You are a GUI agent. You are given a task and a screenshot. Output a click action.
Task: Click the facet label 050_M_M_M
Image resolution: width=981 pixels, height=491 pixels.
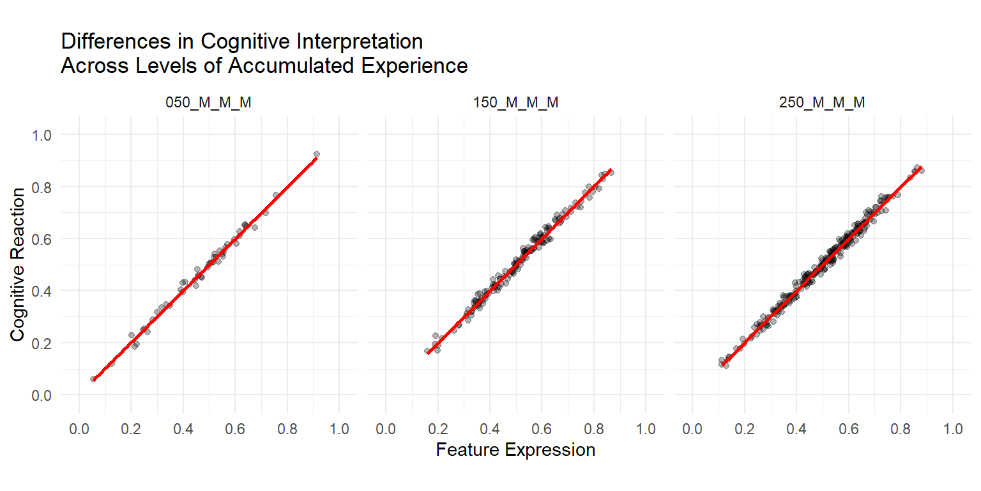(x=209, y=103)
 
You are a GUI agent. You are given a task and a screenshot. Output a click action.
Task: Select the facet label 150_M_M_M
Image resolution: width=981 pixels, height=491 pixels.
(x=516, y=103)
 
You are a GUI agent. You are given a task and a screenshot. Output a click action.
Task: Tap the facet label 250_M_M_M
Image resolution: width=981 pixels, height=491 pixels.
(x=823, y=103)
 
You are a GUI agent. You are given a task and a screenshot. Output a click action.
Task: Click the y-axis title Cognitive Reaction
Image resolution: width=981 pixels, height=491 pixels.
(x=19, y=264)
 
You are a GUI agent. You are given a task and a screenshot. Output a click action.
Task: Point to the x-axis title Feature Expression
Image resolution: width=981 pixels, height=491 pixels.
(x=515, y=449)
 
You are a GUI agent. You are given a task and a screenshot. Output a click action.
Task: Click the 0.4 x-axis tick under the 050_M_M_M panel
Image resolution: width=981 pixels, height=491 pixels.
(x=183, y=428)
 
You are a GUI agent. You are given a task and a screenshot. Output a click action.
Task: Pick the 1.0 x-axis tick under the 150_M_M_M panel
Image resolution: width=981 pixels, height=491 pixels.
(x=646, y=428)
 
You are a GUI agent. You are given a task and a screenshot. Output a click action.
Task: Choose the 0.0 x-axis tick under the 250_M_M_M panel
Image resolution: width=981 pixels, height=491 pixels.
(x=693, y=428)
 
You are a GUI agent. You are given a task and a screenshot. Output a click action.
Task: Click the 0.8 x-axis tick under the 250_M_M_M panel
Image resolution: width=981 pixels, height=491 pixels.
(x=901, y=428)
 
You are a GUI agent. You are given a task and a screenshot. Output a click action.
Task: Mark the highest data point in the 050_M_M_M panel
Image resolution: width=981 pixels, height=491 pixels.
(x=316, y=154)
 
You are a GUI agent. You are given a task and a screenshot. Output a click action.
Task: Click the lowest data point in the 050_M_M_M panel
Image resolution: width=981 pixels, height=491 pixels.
(x=93, y=379)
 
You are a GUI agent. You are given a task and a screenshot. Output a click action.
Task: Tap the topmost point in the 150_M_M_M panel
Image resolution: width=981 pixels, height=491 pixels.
(x=611, y=172)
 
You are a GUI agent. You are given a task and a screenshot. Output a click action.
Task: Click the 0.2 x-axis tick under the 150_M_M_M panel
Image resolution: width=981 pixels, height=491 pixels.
(x=438, y=428)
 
